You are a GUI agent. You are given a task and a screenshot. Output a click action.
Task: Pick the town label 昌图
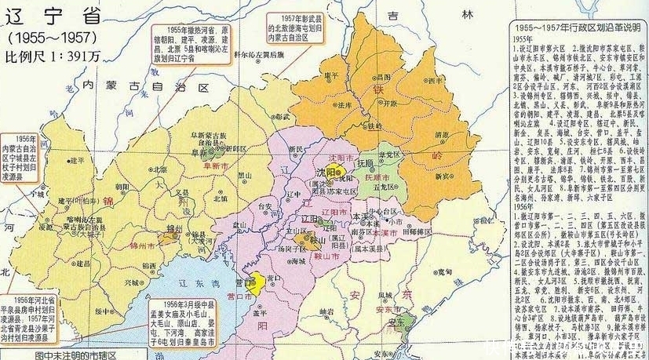click(x=382, y=78)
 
